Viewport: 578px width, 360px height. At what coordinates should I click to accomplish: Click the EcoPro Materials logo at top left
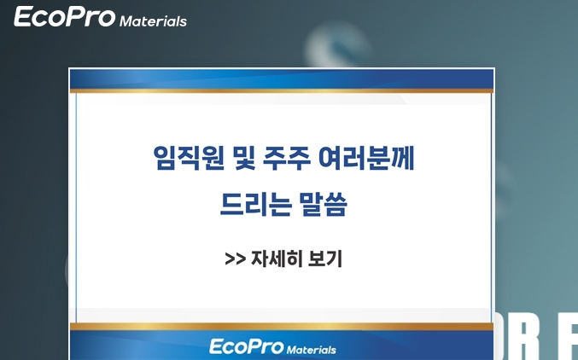(100, 17)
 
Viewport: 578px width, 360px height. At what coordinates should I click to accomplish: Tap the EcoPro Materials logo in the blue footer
(273, 347)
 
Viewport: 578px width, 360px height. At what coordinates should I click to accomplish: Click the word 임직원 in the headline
(189, 158)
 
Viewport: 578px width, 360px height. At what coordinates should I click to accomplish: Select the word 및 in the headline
(245, 158)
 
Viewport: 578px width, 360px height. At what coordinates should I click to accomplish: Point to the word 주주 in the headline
(286, 158)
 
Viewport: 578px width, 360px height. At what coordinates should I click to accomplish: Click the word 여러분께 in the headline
(366, 158)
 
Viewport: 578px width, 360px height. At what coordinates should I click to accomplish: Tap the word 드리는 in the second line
(255, 204)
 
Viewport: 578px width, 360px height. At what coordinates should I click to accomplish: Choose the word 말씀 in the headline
(324, 204)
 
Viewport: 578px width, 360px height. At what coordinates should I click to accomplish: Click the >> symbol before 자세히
(235, 258)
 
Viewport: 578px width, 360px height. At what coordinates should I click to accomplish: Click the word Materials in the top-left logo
(153, 21)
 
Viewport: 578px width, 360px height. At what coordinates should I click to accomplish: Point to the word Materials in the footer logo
(312, 349)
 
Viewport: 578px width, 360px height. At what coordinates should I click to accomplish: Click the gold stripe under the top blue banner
(282, 90)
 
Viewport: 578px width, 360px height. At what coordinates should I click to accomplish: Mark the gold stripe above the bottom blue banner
(282, 327)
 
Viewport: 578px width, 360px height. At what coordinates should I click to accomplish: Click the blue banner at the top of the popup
(282, 78)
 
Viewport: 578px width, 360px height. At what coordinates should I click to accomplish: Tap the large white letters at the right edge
(536, 336)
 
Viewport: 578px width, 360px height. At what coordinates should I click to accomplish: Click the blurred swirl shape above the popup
(337, 45)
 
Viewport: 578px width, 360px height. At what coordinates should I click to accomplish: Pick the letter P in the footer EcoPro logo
(252, 346)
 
